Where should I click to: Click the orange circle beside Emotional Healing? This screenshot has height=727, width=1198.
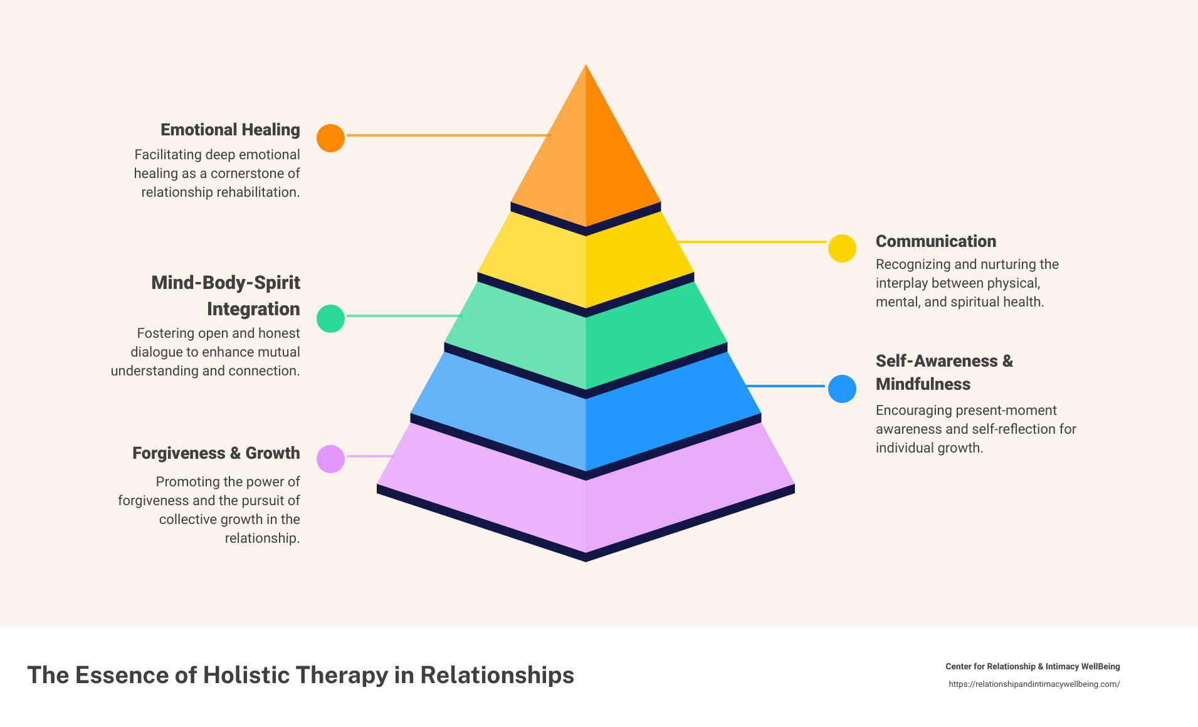pos(330,138)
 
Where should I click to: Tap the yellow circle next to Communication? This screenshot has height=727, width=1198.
pos(842,249)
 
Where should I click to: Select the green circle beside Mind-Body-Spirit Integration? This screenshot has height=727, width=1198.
pos(330,318)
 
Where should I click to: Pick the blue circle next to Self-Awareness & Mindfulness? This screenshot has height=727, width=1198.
pos(842,389)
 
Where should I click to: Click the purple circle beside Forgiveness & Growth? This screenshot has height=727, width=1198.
pos(330,459)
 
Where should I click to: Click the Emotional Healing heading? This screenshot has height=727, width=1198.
pos(230,130)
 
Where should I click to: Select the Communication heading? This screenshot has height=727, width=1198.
pos(935,241)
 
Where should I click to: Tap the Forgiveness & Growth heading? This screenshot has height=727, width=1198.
pos(216,453)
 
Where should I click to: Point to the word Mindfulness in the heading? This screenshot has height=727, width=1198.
pos(923,384)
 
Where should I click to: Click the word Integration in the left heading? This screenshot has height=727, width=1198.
pos(253,309)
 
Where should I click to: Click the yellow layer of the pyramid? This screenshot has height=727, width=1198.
pos(586,263)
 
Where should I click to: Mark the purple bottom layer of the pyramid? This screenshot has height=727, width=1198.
pos(586,501)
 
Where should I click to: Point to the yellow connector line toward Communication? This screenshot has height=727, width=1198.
pos(752,241)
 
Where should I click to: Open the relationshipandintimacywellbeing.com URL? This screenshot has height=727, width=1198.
pos(1034,684)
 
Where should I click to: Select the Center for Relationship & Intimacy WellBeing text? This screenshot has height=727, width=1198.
pos(1032,667)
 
